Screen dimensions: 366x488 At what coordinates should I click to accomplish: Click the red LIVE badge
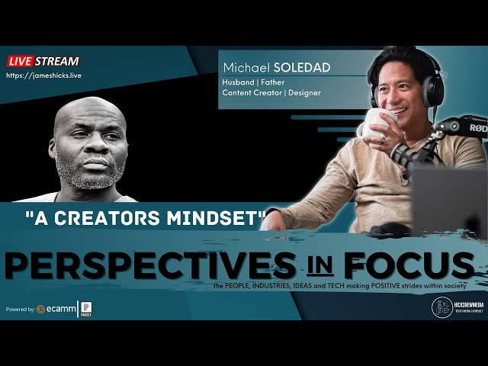[x=21, y=61]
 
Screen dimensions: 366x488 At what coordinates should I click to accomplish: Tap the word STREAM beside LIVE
[x=56, y=61]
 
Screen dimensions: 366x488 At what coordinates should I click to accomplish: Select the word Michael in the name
[x=246, y=68]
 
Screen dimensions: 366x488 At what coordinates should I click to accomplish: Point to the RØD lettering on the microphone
[x=477, y=128]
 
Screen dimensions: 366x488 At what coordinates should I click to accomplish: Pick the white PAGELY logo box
[x=86, y=309]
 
